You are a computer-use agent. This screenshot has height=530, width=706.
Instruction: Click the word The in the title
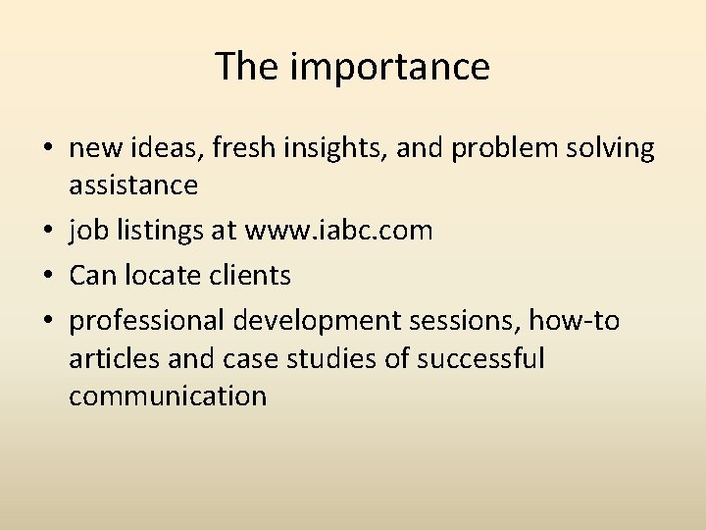pos(247,67)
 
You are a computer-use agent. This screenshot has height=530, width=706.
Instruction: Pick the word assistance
pos(133,185)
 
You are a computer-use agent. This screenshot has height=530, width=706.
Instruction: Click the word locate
pos(159,276)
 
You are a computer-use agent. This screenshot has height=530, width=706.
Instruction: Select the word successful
pos(480,358)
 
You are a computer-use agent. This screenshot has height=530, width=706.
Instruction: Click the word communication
pos(168,396)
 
